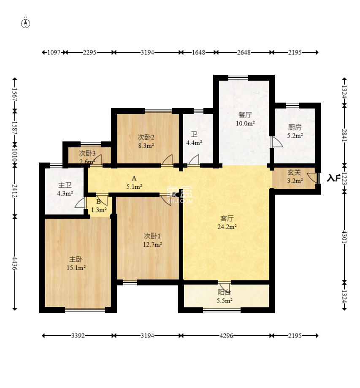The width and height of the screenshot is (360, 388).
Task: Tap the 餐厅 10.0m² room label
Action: point(245,119)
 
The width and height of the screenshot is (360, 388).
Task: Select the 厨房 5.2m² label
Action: point(295,131)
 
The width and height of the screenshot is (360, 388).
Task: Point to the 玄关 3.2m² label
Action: point(295,176)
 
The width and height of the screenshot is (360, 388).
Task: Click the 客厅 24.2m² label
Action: point(227,222)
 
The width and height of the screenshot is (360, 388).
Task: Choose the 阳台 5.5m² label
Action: point(225,296)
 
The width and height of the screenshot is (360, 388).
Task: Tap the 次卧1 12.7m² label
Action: point(152,240)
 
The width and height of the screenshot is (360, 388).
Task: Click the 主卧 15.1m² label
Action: point(76,263)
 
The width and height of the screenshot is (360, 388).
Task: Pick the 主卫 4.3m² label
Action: point(65,189)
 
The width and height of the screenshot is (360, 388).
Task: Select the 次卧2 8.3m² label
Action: point(146,141)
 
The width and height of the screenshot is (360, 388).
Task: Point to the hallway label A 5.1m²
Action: point(134,183)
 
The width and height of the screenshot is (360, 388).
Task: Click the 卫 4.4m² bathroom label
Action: point(194,138)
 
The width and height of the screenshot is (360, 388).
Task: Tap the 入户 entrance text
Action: point(333,178)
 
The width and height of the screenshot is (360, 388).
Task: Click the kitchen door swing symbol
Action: point(276,142)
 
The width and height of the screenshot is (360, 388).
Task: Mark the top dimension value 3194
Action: point(147,52)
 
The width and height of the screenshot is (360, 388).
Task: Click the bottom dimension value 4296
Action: point(226,336)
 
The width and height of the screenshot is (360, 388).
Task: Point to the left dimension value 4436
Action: point(15,263)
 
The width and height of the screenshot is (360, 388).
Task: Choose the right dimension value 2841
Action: point(344,135)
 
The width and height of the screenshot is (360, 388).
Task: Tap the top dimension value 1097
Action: point(54,52)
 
